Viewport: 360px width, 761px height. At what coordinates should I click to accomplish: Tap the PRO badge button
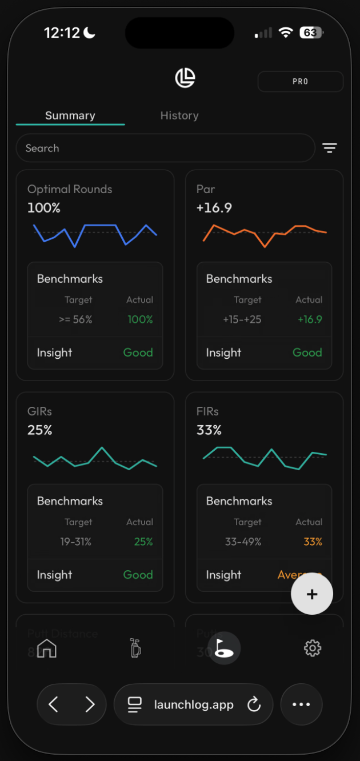click(x=300, y=82)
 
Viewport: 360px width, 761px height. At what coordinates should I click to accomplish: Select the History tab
click(x=179, y=115)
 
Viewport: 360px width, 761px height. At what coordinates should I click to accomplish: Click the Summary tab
click(x=70, y=115)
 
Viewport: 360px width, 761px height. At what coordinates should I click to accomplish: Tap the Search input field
click(x=165, y=148)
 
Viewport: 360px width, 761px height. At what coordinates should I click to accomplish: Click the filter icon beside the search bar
click(x=329, y=148)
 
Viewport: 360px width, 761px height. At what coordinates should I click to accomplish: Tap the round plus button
click(x=312, y=594)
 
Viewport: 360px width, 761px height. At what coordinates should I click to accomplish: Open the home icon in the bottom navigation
click(x=47, y=648)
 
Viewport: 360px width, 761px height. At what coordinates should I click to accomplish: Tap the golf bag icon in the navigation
click(x=135, y=648)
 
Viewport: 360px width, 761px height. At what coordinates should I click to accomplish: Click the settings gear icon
click(x=313, y=648)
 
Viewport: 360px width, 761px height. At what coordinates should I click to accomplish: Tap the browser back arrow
click(x=54, y=704)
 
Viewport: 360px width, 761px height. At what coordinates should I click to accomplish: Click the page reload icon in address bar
click(x=254, y=705)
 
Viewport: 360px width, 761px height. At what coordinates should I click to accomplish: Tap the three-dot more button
click(x=301, y=704)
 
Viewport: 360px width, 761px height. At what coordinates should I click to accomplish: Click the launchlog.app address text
click(x=194, y=705)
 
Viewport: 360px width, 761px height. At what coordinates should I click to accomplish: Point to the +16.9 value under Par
click(x=214, y=208)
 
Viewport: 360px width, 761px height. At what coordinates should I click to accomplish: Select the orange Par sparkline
click(x=265, y=234)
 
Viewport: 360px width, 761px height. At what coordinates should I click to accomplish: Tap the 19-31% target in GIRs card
click(x=76, y=542)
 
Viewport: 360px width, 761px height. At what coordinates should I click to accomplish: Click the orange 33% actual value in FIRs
click(x=313, y=542)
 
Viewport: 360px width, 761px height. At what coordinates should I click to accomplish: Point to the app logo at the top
click(x=185, y=78)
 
